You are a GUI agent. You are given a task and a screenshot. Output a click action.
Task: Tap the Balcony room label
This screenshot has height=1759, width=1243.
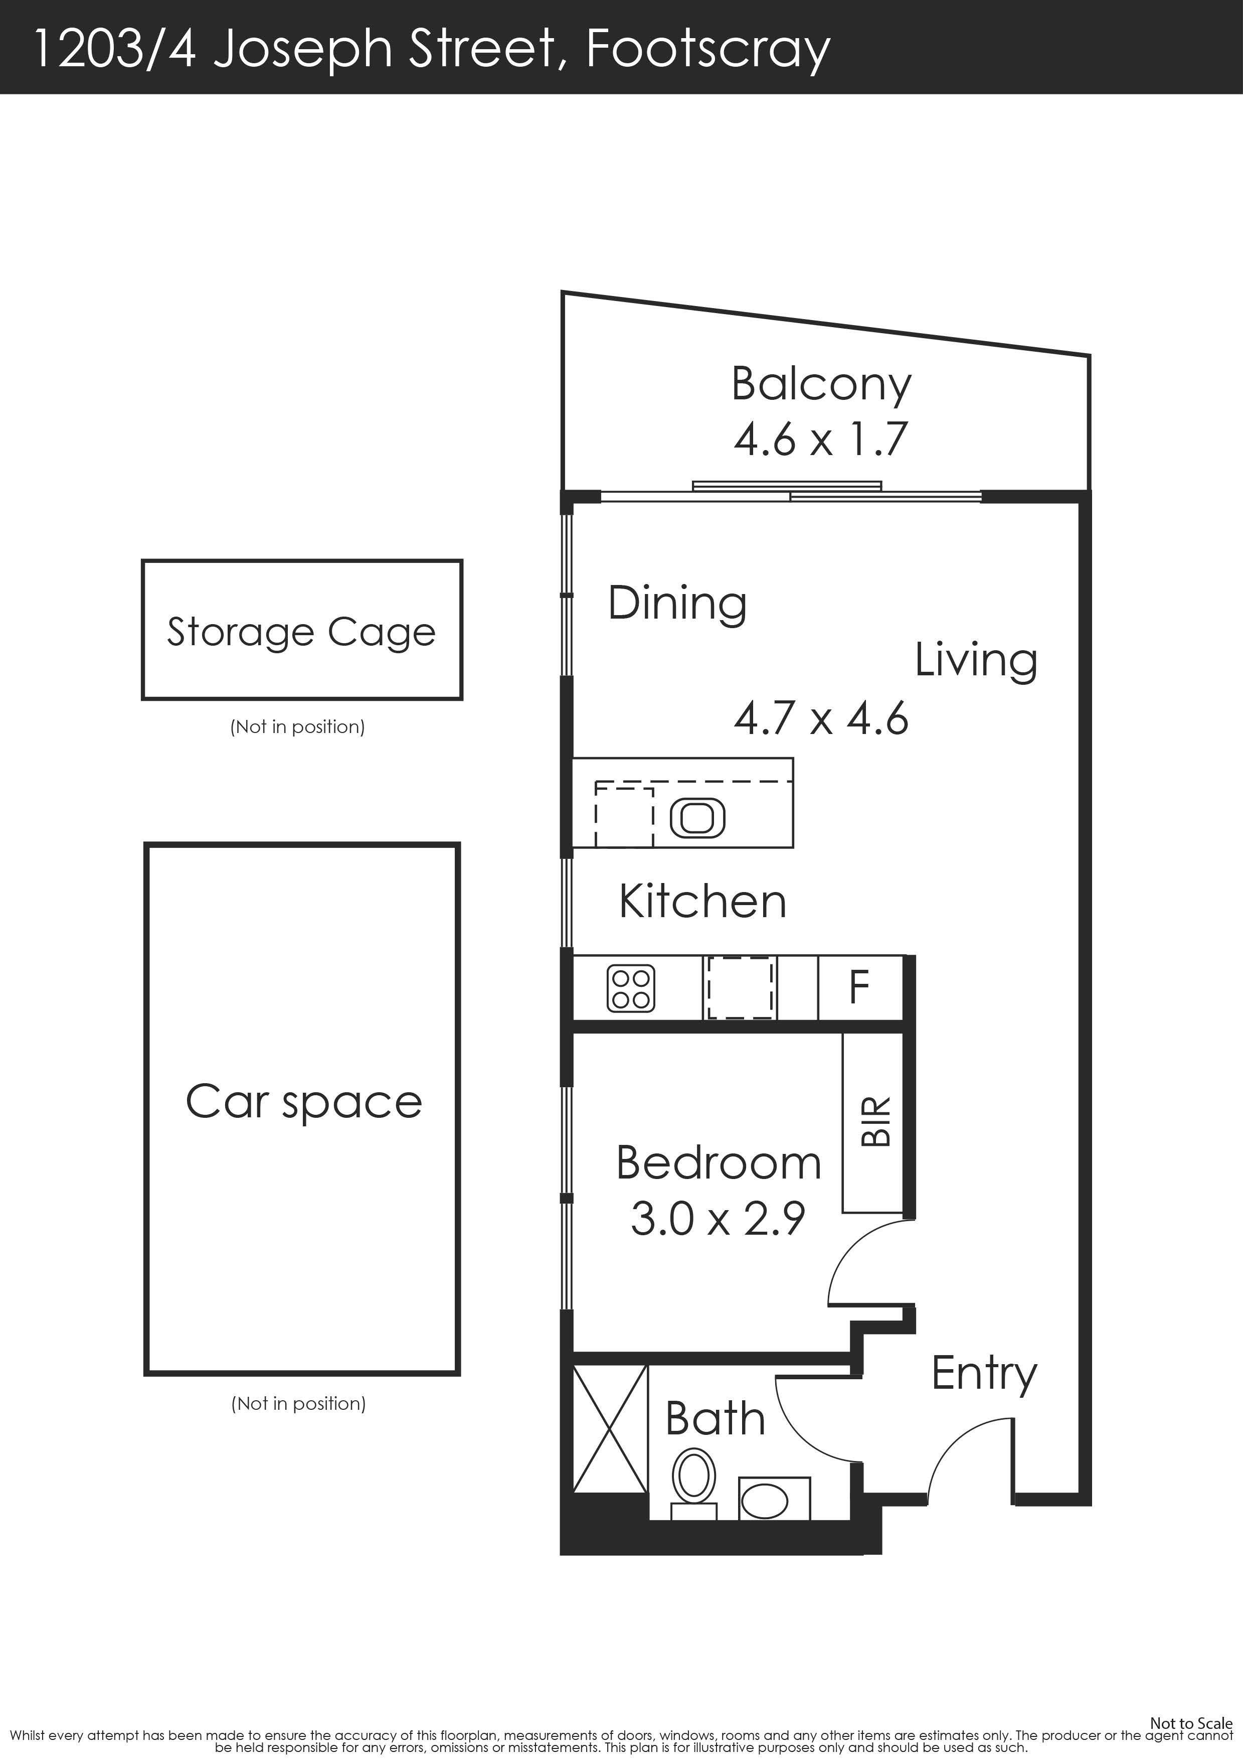click(822, 385)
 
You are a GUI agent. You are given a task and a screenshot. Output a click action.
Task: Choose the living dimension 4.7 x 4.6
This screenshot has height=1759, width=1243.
click(821, 718)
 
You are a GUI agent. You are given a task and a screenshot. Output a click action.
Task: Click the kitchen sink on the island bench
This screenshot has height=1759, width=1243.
click(697, 817)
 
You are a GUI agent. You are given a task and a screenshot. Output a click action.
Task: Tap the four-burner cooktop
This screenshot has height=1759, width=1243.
click(631, 987)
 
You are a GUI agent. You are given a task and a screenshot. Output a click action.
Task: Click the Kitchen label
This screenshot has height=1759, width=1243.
click(703, 901)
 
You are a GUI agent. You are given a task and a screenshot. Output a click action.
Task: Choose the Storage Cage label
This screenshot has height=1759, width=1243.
click(302, 633)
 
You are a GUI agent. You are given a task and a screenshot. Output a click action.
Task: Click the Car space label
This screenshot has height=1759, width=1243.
click(304, 1103)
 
